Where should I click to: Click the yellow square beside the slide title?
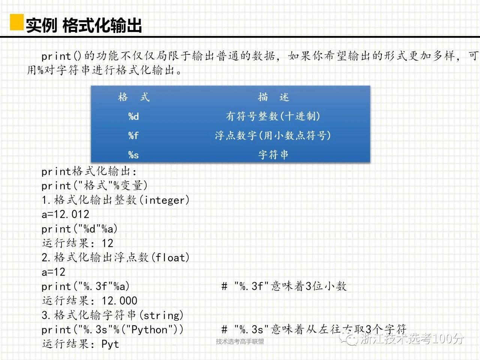[x=17, y=22]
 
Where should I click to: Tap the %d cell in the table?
[x=133, y=116]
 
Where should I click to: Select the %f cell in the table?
[x=133, y=135]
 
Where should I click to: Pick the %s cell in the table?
[x=133, y=155]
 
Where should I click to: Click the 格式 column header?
[x=133, y=97]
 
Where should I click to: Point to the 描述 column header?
[x=273, y=97]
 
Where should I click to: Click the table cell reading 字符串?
[x=273, y=155]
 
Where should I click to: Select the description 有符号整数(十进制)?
[x=273, y=116]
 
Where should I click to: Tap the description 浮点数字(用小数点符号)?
[x=273, y=135]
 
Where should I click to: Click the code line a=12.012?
[x=65, y=214]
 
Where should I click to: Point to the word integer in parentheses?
[x=165, y=200]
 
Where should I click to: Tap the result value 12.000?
[x=119, y=301]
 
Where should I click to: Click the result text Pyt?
[x=110, y=344]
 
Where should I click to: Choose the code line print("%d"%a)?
[x=79, y=229]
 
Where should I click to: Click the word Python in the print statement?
[x=149, y=330]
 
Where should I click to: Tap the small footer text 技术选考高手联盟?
[x=240, y=341]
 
